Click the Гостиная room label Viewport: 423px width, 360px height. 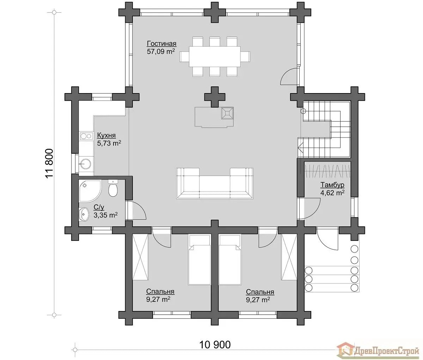pos(161,44)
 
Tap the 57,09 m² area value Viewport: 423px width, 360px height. pos(161,51)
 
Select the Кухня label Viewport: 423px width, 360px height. pos(106,135)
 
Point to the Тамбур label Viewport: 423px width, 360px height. pos(332,185)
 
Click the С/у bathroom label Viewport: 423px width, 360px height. pos(99,207)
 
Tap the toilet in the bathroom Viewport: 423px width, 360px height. pos(112,188)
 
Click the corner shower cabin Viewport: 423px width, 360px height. pos(90,191)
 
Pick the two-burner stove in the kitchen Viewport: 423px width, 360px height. pos(86,136)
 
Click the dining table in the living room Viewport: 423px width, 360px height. pos(214,56)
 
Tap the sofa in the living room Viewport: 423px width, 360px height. pos(215,183)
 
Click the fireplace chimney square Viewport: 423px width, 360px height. pos(227,113)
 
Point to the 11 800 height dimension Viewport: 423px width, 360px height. pos(49,164)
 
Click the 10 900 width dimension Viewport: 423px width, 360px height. pos(215,344)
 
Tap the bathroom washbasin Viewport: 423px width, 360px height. pos(84,214)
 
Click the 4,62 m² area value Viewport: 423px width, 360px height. pos(332,193)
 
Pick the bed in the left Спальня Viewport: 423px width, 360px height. pos(199,260)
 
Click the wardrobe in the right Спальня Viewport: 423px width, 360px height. pos(289,257)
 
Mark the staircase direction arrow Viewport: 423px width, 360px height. pos(301,147)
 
